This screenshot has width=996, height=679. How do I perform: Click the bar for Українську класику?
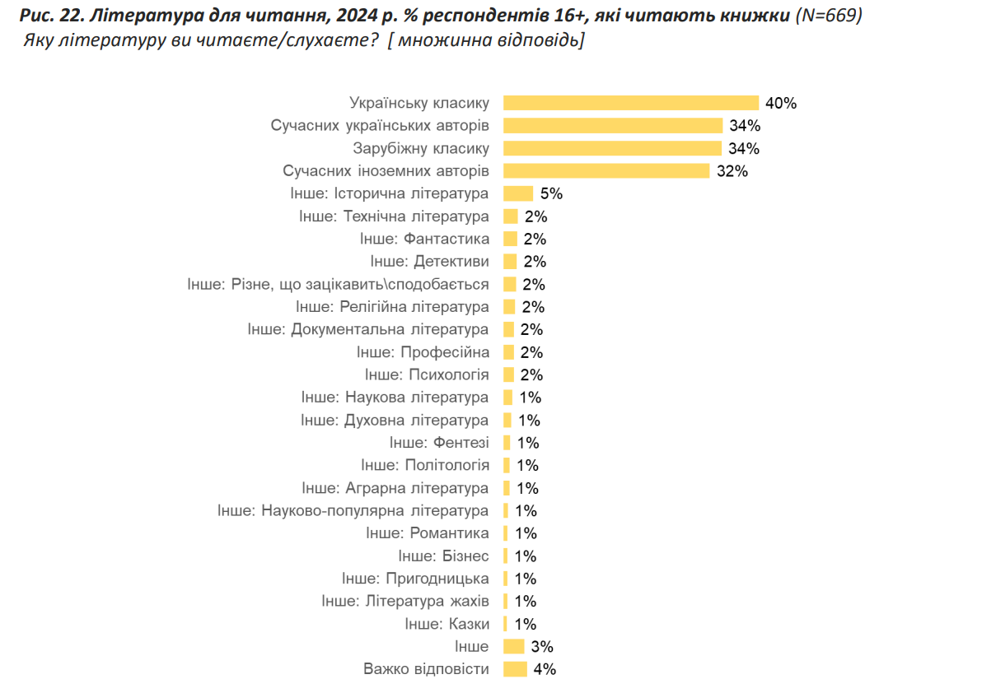[630, 103]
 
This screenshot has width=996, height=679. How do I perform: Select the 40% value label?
[780, 104]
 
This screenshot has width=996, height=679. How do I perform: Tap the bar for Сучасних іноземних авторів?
[606, 171]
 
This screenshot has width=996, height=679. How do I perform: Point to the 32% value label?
[731, 171]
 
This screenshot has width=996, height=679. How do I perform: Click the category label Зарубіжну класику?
[421, 149]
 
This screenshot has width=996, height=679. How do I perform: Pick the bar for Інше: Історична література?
[518, 193]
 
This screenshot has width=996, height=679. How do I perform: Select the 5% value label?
[551, 194]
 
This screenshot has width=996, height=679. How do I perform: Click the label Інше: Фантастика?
[424, 239]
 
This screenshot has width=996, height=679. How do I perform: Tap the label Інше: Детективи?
[429, 262]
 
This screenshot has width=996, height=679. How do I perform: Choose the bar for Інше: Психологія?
[510, 374]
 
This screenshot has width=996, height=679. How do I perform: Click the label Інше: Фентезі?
[439, 443]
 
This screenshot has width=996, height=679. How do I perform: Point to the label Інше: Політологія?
[424, 465]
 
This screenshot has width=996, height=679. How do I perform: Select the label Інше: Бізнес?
[443, 556]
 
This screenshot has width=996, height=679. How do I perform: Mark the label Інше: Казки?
[447, 624]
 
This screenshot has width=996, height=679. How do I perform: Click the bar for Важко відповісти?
[515, 669]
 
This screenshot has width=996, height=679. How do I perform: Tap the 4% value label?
[545, 669]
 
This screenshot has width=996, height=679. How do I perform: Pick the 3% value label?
[541, 647]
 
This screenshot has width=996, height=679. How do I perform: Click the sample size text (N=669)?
[829, 16]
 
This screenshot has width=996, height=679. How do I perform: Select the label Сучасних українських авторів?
[380, 126]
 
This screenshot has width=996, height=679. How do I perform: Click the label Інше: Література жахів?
[405, 601]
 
